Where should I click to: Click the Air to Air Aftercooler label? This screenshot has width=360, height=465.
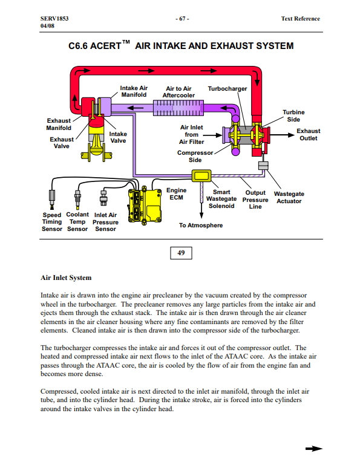[x=178, y=92]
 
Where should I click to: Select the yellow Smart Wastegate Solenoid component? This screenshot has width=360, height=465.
[x=201, y=175]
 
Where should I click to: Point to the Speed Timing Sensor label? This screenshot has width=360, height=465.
[x=52, y=222]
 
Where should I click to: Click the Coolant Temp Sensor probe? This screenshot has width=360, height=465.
[x=78, y=199]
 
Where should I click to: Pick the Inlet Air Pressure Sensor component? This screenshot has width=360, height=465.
[x=103, y=198]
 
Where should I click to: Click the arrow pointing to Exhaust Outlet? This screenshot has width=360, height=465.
[x=282, y=135]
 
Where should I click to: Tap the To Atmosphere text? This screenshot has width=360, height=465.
[x=201, y=226]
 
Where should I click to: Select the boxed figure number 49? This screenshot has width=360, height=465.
[x=181, y=253]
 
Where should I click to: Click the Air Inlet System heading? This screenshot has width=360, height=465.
[x=66, y=278]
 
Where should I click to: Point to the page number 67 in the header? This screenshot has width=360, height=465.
[x=182, y=19]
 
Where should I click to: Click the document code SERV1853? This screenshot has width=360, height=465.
[x=54, y=19]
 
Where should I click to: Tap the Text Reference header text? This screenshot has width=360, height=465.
[x=301, y=19]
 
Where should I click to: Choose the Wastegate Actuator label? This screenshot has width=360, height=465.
[x=289, y=198]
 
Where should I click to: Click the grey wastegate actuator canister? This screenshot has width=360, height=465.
[x=263, y=166]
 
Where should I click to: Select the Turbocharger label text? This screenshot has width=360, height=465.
[x=227, y=89]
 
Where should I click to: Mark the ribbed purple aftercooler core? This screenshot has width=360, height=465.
[x=178, y=108]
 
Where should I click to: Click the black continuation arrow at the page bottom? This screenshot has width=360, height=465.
[x=314, y=449]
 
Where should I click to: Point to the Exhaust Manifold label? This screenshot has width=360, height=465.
[x=59, y=124]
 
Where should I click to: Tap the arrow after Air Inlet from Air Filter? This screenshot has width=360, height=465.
[x=213, y=135]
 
